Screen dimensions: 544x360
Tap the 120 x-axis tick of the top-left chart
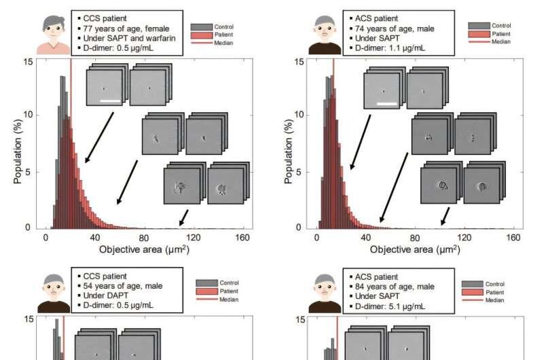coord(193,238)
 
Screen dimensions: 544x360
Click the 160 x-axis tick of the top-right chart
coord(513,238)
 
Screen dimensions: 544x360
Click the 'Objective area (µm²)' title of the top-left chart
coord(144,250)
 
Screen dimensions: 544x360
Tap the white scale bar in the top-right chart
coord(386,103)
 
